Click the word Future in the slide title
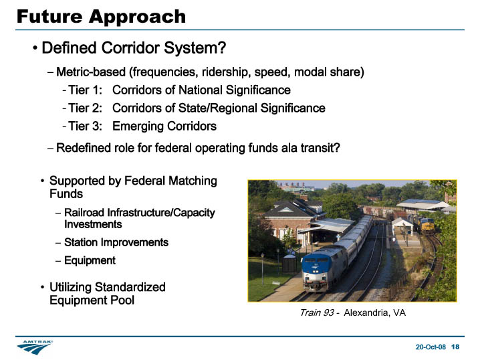click(49, 16)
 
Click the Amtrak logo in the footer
click(35, 347)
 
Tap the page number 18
click(455, 347)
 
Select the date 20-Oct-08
click(431, 347)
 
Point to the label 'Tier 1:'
click(85, 90)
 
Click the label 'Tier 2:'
click(85, 108)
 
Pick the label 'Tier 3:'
click(85, 126)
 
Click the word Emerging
click(138, 127)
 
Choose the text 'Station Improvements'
click(116, 242)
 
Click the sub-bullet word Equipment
click(90, 261)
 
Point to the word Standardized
click(130, 287)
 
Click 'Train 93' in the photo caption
click(317, 312)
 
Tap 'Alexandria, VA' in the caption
click(374, 312)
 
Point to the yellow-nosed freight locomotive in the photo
click(428, 226)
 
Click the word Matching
click(193, 181)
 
